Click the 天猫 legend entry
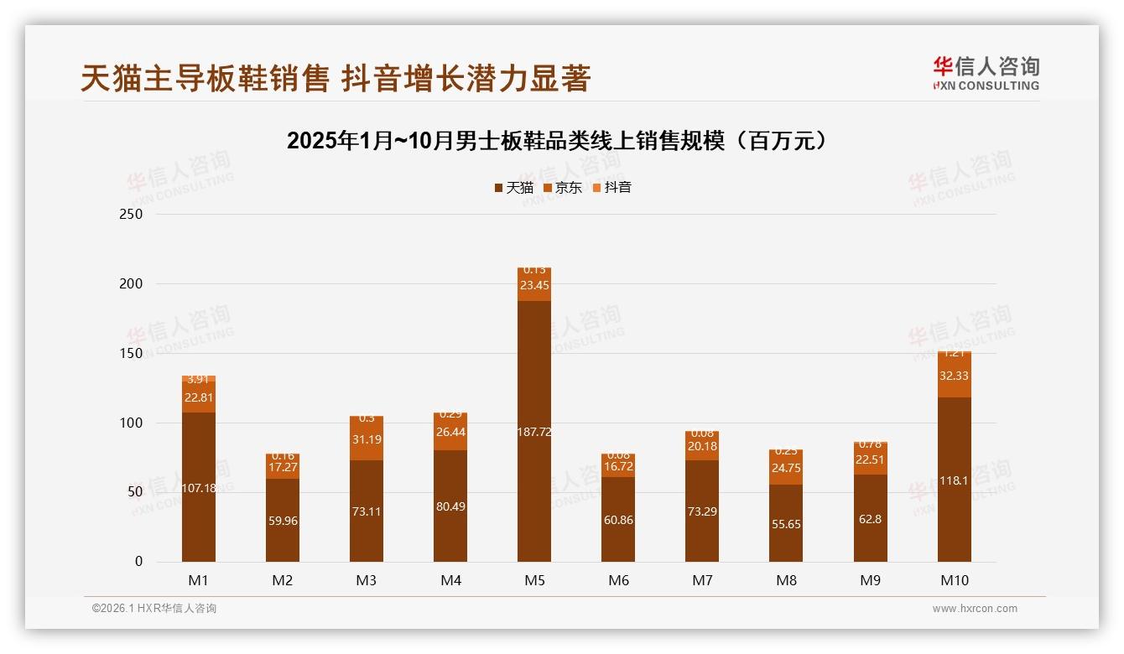(x=514, y=188)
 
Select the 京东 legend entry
(x=563, y=188)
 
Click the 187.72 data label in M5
(x=534, y=432)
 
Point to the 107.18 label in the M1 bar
(x=199, y=487)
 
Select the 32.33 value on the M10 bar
(x=954, y=376)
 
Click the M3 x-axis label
(x=367, y=580)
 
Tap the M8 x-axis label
(x=786, y=580)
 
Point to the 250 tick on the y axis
(x=132, y=215)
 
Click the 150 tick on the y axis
(x=132, y=354)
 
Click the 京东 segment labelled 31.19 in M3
(x=367, y=439)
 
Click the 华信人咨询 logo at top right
(x=986, y=74)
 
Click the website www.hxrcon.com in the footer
(x=975, y=609)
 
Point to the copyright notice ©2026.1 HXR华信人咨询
(x=154, y=609)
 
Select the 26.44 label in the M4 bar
(x=450, y=433)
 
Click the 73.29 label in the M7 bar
(x=702, y=511)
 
